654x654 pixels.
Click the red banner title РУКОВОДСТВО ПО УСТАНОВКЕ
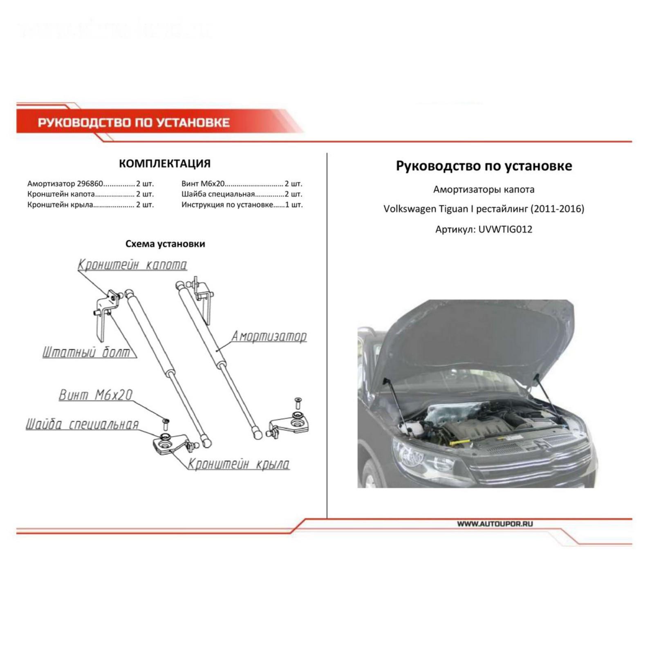click(134, 122)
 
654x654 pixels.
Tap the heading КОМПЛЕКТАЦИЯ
click(165, 163)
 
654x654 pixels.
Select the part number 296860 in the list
click(90, 184)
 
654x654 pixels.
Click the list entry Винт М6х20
click(203, 184)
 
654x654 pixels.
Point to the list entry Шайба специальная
click(218, 194)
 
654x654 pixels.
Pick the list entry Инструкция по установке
click(227, 205)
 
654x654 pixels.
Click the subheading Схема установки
click(165, 244)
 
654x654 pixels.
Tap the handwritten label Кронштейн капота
click(132, 265)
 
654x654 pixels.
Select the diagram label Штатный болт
click(86, 352)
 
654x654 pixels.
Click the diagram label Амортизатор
click(269, 336)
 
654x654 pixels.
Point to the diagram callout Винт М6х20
click(96, 395)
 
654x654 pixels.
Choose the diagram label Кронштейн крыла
click(238, 464)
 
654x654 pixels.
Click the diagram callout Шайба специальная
click(82, 424)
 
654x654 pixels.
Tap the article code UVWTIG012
click(505, 229)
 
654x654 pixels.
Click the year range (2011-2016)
click(558, 209)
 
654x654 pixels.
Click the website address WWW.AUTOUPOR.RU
click(495, 524)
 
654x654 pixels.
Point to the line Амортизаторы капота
click(484, 190)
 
